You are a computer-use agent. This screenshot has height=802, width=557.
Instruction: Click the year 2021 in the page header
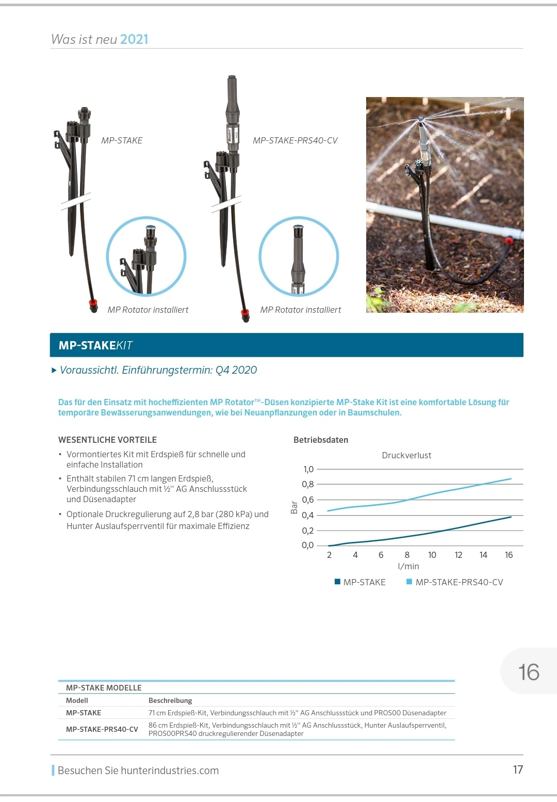(x=134, y=39)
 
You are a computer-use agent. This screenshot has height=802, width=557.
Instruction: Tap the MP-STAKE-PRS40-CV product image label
(x=295, y=140)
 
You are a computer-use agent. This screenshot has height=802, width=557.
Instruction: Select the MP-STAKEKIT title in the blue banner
(x=95, y=345)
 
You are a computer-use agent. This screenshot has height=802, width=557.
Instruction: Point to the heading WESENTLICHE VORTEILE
(x=107, y=440)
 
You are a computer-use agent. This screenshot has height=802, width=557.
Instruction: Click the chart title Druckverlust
(x=406, y=455)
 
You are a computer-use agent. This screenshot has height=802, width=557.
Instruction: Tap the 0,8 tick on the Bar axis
(x=307, y=484)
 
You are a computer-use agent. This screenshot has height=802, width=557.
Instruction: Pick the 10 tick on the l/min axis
(x=432, y=555)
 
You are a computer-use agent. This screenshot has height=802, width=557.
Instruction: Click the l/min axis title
(x=408, y=566)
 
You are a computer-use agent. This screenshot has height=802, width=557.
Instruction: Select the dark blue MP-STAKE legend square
(x=337, y=582)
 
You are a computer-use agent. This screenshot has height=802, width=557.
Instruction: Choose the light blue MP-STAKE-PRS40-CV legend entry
(x=458, y=582)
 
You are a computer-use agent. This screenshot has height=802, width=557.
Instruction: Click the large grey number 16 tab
(x=529, y=672)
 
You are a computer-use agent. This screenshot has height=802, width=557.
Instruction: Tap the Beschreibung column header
(x=170, y=700)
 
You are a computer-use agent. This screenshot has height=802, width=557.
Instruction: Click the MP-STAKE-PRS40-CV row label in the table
(x=102, y=729)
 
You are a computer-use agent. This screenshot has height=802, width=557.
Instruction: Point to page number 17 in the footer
(x=518, y=769)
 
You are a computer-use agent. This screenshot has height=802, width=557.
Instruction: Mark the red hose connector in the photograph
(x=509, y=240)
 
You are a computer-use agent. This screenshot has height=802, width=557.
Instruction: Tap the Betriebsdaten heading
(x=321, y=440)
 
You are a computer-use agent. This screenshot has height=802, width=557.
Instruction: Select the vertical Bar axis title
(x=294, y=507)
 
